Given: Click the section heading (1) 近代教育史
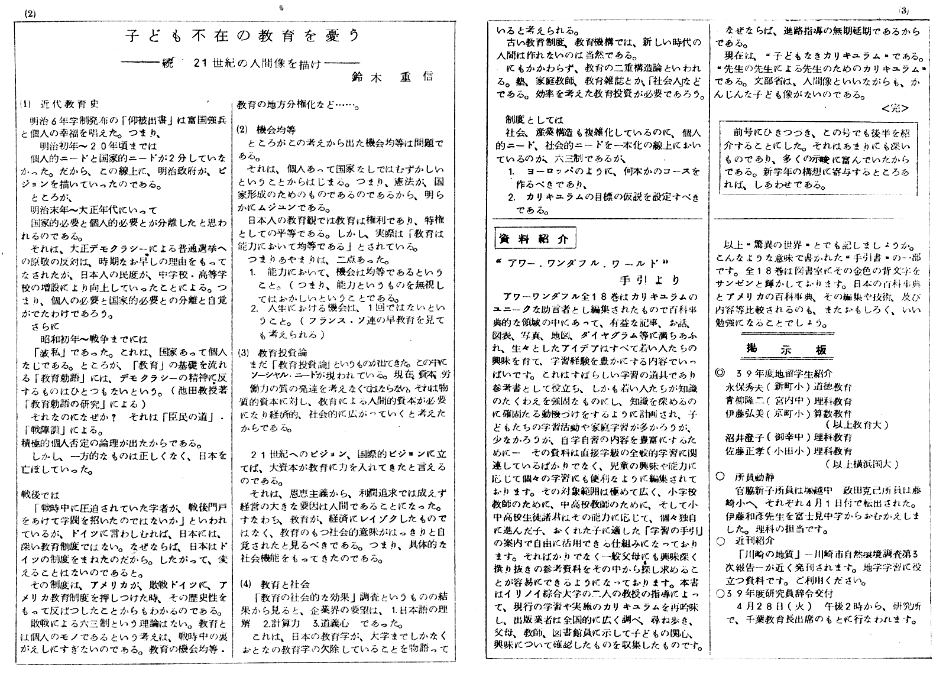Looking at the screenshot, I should pyautogui.click(x=59, y=104).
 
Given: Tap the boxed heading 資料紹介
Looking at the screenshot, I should pyautogui.click(x=534, y=239).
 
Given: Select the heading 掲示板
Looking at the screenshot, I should pyautogui.click(x=786, y=349).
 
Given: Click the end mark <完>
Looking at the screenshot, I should pyautogui.click(x=895, y=108).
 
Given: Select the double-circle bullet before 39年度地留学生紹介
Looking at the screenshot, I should pyautogui.click(x=719, y=373).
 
